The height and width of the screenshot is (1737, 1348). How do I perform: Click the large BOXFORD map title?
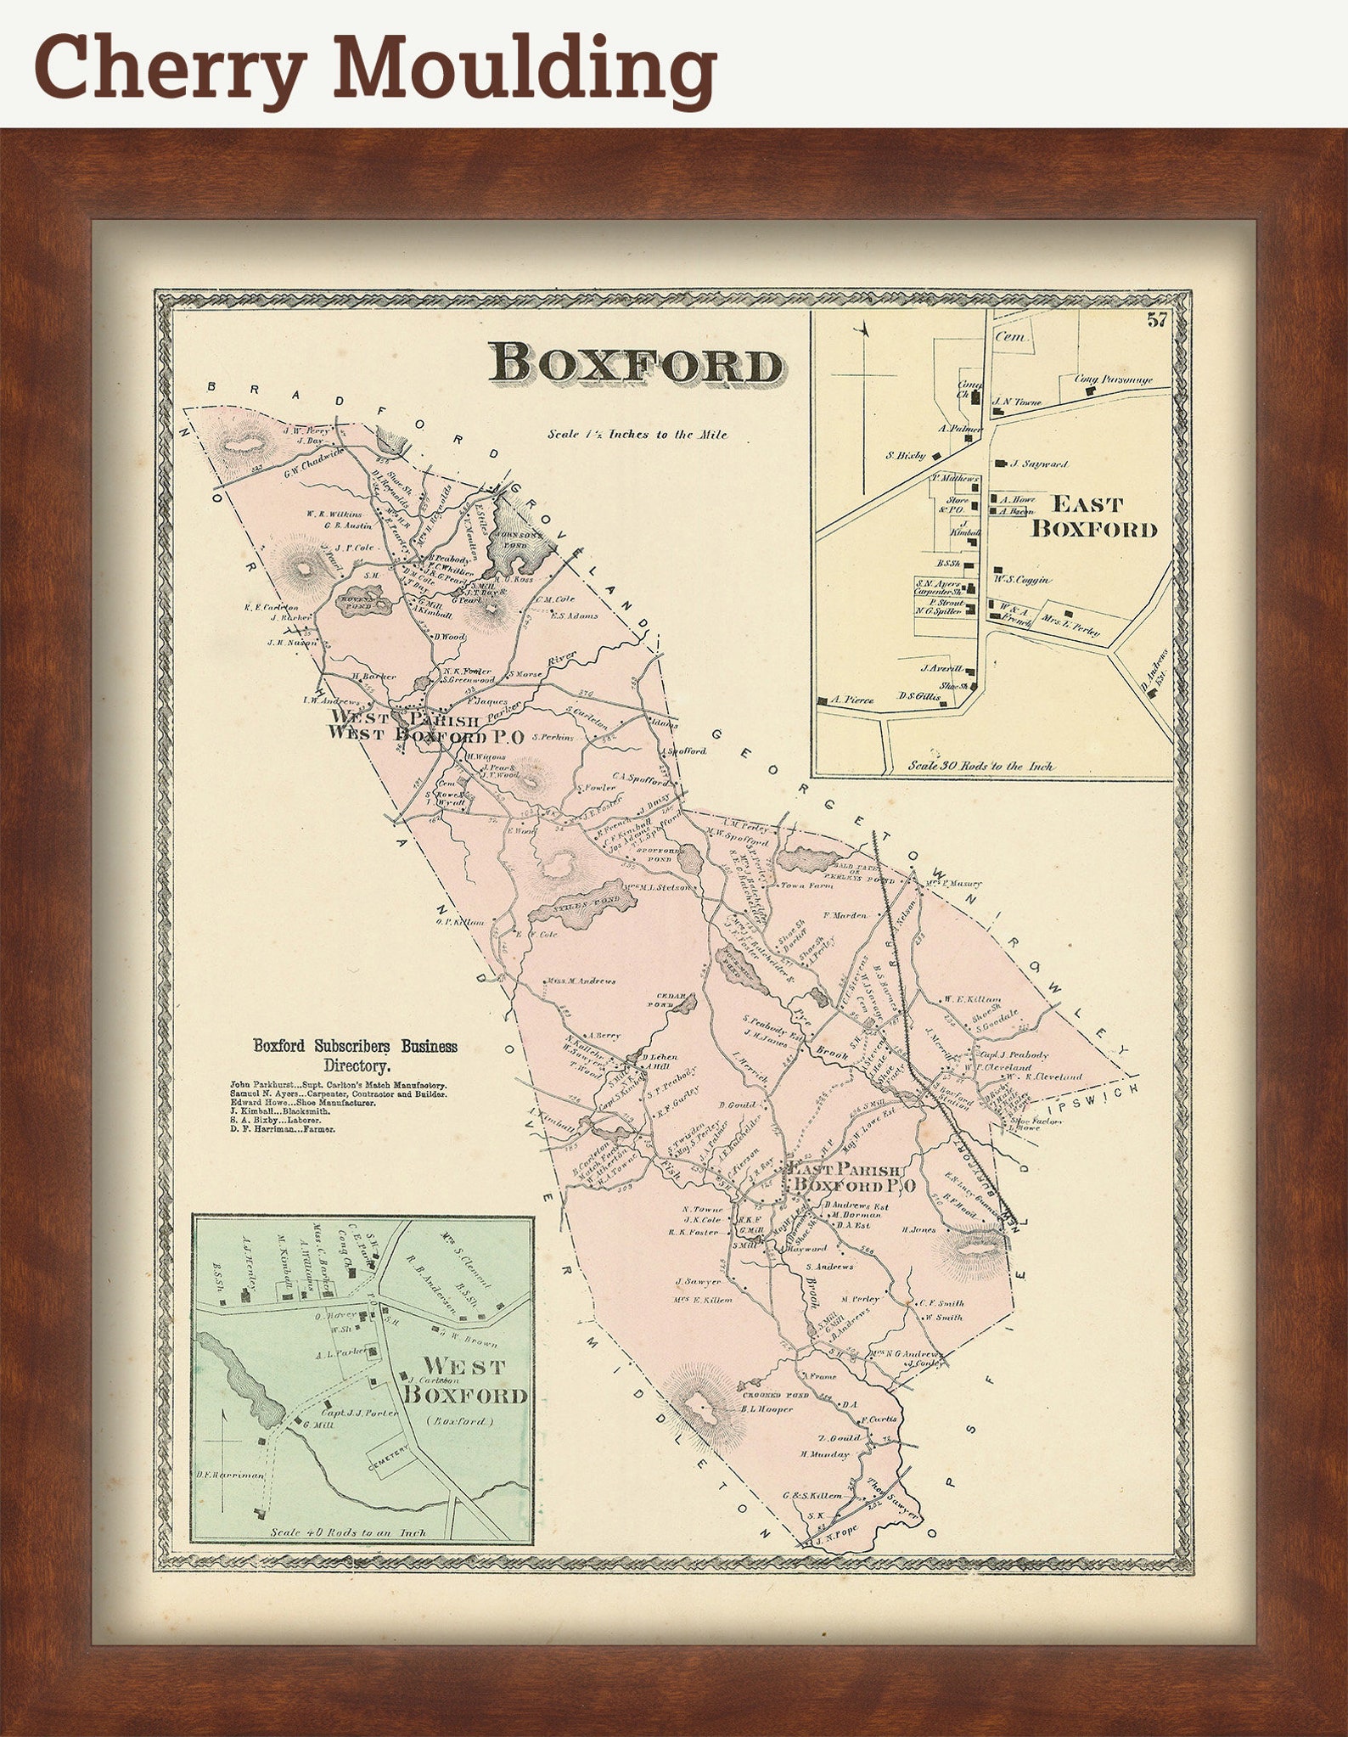(x=637, y=365)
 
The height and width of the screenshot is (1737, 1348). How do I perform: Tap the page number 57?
(x=1156, y=320)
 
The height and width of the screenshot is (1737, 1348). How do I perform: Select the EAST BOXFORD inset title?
(x=1093, y=517)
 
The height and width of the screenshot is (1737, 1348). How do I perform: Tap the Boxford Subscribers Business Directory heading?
(x=355, y=1055)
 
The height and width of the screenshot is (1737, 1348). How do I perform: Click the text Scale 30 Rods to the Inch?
(x=980, y=766)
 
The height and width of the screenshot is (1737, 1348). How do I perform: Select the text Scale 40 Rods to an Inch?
(x=348, y=1533)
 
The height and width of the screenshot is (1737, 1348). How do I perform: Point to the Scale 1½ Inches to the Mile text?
(x=637, y=435)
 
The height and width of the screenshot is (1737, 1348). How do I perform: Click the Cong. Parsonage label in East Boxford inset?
(x=1114, y=379)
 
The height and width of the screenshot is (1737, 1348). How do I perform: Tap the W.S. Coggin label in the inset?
(x=1022, y=580)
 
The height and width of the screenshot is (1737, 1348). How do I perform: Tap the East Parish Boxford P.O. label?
(x=852, y=1178)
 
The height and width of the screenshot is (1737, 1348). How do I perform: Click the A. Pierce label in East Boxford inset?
(x=852, y=700)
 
